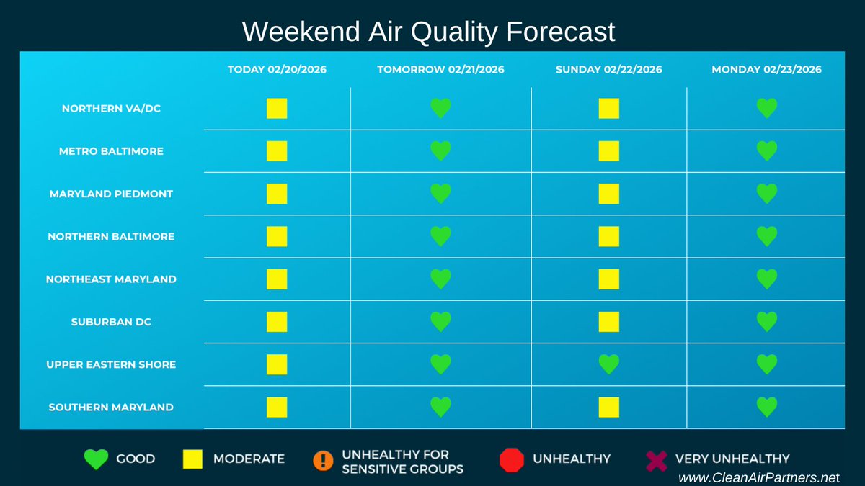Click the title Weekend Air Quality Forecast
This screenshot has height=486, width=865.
pyautogui.click(x=428, y=32)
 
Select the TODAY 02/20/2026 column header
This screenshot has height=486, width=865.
pyautogui.click(x=277, y=70)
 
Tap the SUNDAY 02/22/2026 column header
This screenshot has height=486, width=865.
pyautogui.click(x=608, y=70)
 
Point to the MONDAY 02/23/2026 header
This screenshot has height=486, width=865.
pyautogui.click(x=766, y=70)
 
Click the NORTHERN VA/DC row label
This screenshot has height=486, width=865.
pyautogui.click(x=111, y=109)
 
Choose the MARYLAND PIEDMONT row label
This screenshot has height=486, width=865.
pyautogui.click(x=111, y=194)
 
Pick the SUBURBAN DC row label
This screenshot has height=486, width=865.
pyautogui.click(x=111, y=322)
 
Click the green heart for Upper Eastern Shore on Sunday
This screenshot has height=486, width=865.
pyautogui.click(x=608, y=364)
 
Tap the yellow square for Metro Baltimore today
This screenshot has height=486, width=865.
pyautogui.click(x=277, y=151)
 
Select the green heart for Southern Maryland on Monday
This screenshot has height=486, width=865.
pyautogui.click(x=767, y=407)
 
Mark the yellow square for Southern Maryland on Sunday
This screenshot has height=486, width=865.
pyautogui.click(x=608, y=407)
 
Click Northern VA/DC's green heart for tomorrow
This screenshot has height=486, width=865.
pyautogui.click(x=440, y=109)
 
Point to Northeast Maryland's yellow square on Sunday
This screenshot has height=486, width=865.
pyautogui.click(x=608, y=279)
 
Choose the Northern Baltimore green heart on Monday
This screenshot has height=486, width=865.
pyautogui.click(x=767, y=236)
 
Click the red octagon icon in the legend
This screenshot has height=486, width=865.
pyautogui.click(x=511, y=459)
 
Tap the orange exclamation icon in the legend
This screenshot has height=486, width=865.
pyautogui.click(x=324, y=459)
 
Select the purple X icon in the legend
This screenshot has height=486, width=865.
pyautogui.click(x=655, y=459)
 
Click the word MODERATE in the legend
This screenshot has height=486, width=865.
pyautogui.click(x=249, y=459)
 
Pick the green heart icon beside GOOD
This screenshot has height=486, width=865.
pyautogui.click(x=97, y=459)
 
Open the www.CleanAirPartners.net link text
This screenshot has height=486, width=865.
pyautogui.click(x=759, y=477)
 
